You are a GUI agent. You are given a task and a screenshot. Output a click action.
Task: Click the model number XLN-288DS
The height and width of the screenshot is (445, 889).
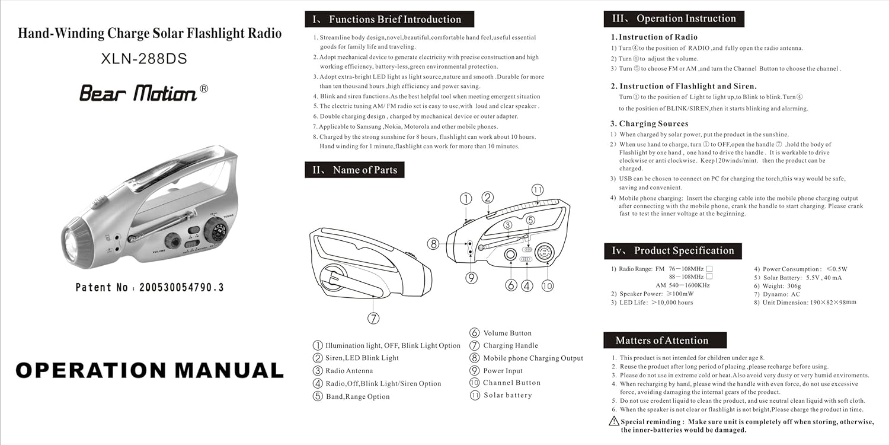point(144,59)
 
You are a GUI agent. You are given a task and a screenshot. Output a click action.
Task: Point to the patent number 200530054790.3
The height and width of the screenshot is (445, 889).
point(181,288)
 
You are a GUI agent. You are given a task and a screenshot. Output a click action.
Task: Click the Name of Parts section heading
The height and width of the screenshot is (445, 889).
point(354,170)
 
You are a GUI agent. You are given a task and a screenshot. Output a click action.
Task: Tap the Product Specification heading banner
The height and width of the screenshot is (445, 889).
point(672,251)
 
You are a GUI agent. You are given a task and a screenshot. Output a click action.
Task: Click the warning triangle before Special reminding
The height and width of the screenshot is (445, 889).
point(614,421)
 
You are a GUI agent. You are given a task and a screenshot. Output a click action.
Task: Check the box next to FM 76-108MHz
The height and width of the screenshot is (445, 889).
point(709,269)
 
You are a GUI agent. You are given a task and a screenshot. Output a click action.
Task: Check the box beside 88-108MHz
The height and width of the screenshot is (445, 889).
point(709,276)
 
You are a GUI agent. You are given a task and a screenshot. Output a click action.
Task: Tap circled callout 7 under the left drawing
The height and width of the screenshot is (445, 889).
point(373,319)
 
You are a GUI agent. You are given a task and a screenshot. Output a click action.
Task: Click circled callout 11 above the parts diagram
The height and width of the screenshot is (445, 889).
point(538,190)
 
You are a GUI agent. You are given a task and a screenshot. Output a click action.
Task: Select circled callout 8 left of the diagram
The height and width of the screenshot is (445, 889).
point(434,243)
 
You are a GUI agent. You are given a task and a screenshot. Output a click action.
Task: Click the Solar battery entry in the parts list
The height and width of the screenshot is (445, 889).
point(507,395)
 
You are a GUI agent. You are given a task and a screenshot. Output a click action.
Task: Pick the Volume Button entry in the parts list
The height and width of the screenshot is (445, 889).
point(507,333)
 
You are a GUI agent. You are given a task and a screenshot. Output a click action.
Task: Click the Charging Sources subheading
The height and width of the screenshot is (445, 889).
point(654,124)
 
